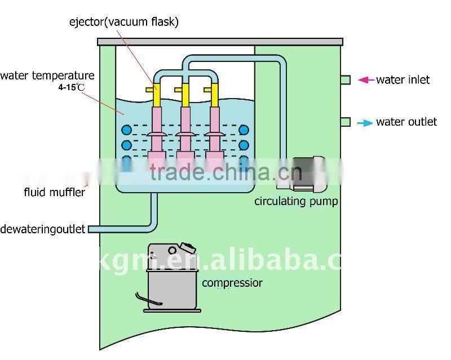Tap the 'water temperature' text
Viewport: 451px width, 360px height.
pos(47,75)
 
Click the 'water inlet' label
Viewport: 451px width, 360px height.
pos(403,80)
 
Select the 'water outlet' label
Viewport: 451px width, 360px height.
pos(406,122)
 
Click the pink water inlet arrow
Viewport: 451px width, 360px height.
pos(366,80)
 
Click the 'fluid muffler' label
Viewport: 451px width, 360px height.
pos(54,192)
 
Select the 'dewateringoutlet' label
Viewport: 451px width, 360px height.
pos(43,229)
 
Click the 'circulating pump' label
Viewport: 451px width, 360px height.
pos(296,201)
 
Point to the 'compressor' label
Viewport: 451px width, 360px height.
pos(232,282)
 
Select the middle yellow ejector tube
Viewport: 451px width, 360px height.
pos(184,95)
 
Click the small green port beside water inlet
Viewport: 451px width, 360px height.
pos(346,80)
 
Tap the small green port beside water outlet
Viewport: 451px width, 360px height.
pos(346,122)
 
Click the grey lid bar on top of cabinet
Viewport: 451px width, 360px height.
pos(220,42)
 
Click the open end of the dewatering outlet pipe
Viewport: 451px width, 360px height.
pos(91,229)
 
